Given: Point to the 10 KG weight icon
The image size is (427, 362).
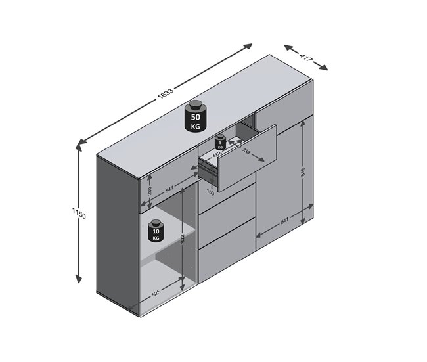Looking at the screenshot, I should point(156,231).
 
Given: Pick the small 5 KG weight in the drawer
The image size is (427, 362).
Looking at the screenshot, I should point(221,143).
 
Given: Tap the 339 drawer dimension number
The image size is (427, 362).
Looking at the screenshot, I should point(246,152).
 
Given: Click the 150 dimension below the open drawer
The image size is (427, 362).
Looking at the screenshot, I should point(210,193).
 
